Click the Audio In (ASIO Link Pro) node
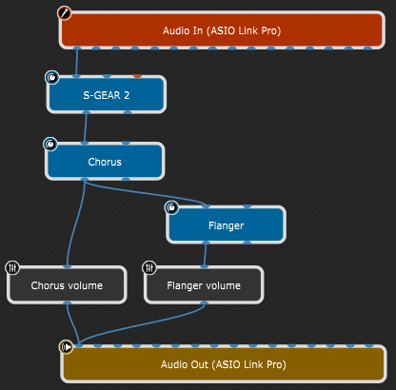pos(221,29)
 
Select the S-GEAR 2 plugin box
pos(106,95)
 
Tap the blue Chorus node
pos(105,162)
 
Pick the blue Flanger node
pos(226,226)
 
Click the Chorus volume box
pos(67,285)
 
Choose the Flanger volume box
pos(204,285)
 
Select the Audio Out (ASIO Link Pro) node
pos(224,364)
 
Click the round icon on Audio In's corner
pos(65,13)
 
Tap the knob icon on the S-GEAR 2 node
pos(50,77)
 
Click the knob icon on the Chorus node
pos(50,144)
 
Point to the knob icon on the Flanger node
pos(171,207)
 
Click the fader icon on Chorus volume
pos(12,268)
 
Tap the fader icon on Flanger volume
pos(149,268)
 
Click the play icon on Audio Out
pos(66,347)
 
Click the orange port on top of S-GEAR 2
pos(137,75)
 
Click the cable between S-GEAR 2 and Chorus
pos(86,128)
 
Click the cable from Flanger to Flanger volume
pos(204,255)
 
